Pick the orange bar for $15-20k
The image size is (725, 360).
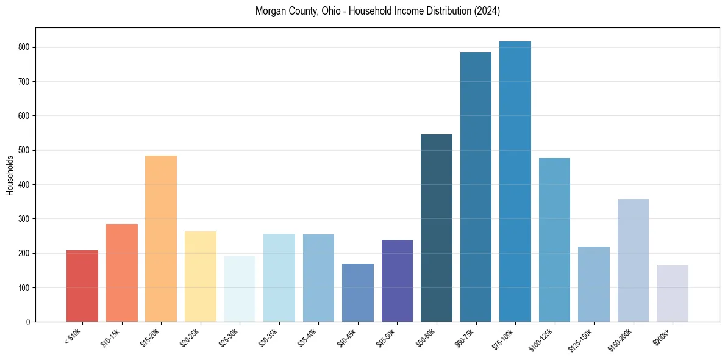coord(161,239)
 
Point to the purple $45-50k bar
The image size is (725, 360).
coord(397,281)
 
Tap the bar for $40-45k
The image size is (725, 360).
coord(358,292)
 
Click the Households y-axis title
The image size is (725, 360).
coord(10,175)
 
